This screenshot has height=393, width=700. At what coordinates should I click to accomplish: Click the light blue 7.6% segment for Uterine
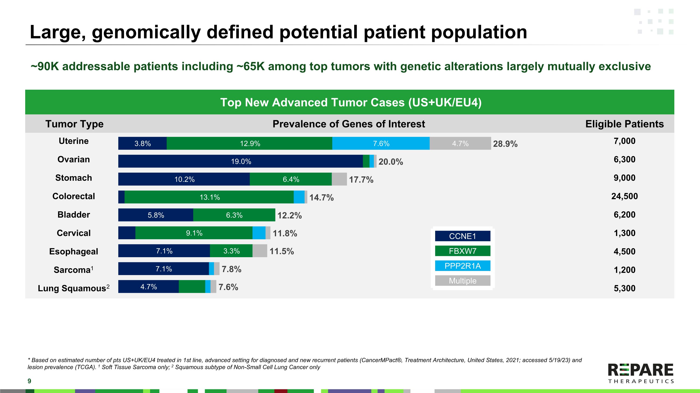pos(381,143)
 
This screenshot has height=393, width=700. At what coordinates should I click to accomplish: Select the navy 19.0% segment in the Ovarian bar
pos(241,161)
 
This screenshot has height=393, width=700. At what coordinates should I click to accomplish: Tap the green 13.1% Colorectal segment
pos(209,197)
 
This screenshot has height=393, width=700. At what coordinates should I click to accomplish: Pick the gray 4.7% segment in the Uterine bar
pos(460,143)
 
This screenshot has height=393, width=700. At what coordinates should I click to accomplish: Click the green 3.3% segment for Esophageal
pos(231,251)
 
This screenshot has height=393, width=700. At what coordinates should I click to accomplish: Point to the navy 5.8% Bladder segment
pos(156,215)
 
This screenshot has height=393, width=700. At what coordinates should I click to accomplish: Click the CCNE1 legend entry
pos(462,236)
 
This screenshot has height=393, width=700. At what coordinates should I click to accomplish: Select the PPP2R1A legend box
pos(462,266)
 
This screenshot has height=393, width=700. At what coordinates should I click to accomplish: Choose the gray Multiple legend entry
pos(462,281)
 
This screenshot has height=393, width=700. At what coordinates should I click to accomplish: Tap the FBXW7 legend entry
pos(462,251)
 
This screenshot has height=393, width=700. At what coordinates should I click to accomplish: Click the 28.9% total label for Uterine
pos(505,144)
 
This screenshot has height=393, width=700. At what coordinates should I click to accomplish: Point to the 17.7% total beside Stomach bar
pos(361,180)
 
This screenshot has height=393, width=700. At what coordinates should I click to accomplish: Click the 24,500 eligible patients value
pos(624,196)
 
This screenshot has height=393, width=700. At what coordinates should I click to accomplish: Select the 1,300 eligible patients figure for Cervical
pos(624,233)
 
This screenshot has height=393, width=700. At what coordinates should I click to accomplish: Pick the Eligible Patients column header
pos(624,124)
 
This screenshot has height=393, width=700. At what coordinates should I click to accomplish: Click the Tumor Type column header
pos(74,124)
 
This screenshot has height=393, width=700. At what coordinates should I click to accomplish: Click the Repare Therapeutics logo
pos(641,373)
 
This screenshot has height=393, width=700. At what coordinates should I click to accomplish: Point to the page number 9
pos(29,381)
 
